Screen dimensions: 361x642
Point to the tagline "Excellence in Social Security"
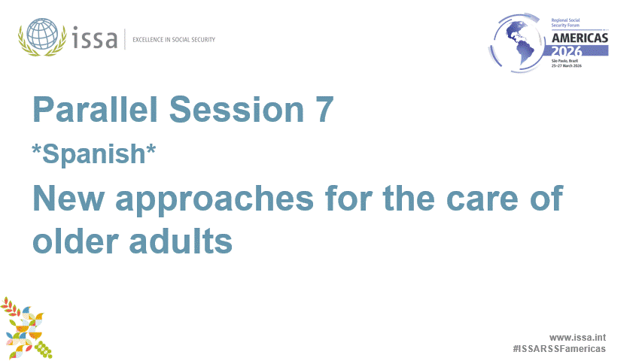173,39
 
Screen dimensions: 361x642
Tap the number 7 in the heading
321,111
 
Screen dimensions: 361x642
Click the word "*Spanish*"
94,153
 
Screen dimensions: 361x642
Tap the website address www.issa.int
577,338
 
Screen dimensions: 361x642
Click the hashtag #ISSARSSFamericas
558,349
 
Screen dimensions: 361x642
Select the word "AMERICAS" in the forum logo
580,38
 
